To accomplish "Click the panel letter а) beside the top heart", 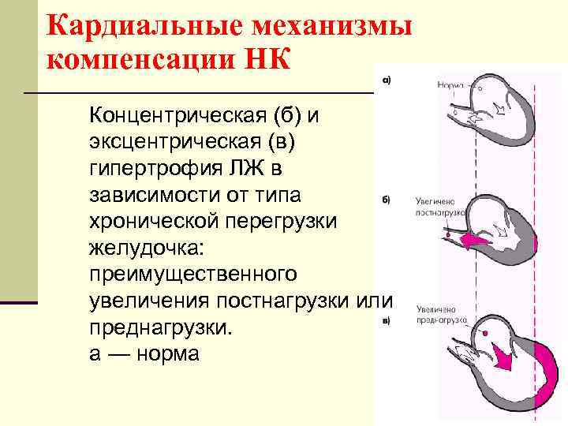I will tap(390, 79).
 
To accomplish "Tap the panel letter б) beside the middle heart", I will tap(387, 200).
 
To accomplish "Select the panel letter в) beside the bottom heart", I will tap(386, 319).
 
